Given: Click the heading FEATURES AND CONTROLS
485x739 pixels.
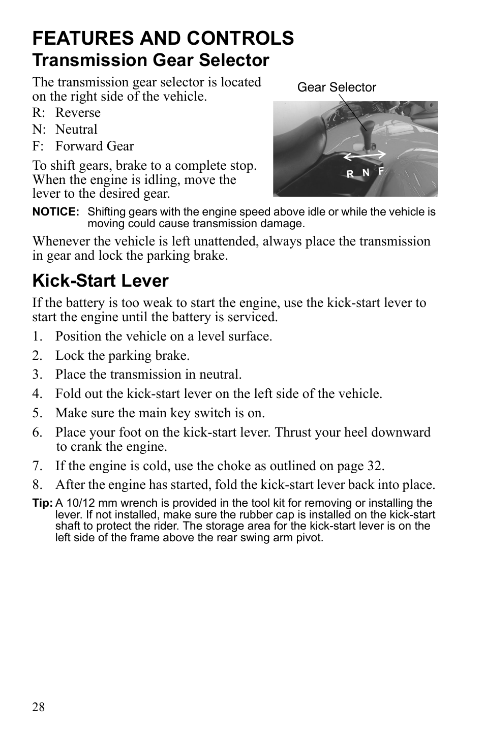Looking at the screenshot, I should [x=163, y=38].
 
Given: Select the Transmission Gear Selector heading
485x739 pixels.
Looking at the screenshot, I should [x=150, y=60].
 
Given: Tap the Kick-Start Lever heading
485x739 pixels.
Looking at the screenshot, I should [x=100, y=281].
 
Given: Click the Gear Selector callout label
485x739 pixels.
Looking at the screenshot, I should [x=337, y=87].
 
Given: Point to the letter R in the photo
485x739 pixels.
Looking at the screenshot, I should [x=350, y=174].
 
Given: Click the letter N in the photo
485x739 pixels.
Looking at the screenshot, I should [x=366, y=173].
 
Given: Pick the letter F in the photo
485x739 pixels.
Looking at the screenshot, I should [x=381, y=171].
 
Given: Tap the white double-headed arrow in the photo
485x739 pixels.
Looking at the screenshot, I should [x=363, y=156].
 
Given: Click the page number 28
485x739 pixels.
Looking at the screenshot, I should [x=39, y=707].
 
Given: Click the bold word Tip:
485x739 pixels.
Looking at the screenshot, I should [x=43, y=503].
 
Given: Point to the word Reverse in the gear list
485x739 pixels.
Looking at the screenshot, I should [x=78, y=112].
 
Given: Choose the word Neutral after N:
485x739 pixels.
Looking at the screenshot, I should [x=76, y=129].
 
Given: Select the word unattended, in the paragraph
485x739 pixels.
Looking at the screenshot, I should [x=216, y=241].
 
